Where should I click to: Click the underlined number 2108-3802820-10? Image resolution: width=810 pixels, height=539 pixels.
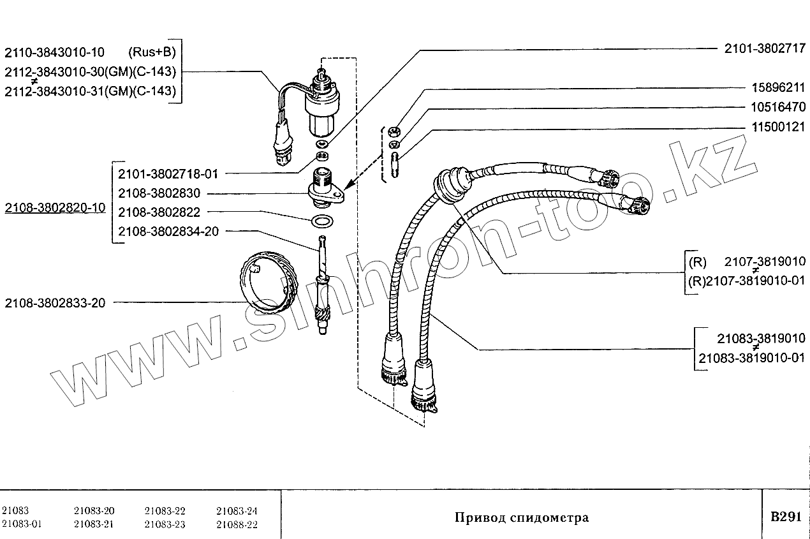pyautogui.click(x=55, y=208)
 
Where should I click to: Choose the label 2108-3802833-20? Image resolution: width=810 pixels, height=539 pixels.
pyautogui.click(x=55, y=302)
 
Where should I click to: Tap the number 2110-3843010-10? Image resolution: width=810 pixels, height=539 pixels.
pyautogui.click(x=55, y=52)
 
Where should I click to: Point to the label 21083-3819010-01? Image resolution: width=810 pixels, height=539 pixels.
pyautogui.click(x=752, y=358)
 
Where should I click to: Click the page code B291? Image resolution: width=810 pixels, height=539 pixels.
pyautogui.click(x=785, y=517)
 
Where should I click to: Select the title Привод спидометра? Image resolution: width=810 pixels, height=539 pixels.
pyautogui.click(x=521, y=517)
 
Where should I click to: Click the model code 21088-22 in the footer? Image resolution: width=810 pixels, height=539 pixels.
pyautogui.click(x=237, y=524)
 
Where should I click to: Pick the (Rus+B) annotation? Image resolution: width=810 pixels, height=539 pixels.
pyautogui.click(x=152, y=52)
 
